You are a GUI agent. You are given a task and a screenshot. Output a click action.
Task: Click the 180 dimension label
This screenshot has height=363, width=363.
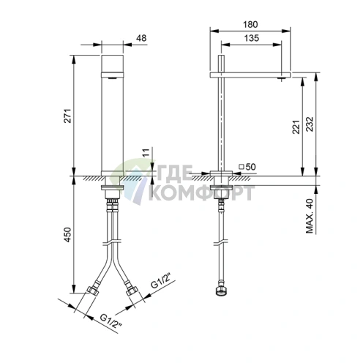coord(250,24)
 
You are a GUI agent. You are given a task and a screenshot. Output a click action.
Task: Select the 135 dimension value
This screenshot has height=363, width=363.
coord(252,38)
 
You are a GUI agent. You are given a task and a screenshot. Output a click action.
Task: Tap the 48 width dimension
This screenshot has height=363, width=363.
coord(141,38)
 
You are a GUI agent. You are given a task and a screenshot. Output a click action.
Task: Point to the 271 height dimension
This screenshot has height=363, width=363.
coord(67,116)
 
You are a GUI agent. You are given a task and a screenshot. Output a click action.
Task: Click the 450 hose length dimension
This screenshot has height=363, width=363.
coord(67,235)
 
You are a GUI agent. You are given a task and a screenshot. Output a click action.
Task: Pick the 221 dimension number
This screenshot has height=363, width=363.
coord(296,127)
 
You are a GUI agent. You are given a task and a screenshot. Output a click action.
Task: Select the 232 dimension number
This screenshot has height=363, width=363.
coord(310,124)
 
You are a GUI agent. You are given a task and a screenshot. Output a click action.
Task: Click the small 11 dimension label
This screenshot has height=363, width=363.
coord(146,153)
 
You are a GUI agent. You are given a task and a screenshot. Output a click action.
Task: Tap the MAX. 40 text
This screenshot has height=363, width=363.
coord(310,216)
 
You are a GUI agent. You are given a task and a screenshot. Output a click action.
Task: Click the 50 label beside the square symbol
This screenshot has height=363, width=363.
coord(250,167)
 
